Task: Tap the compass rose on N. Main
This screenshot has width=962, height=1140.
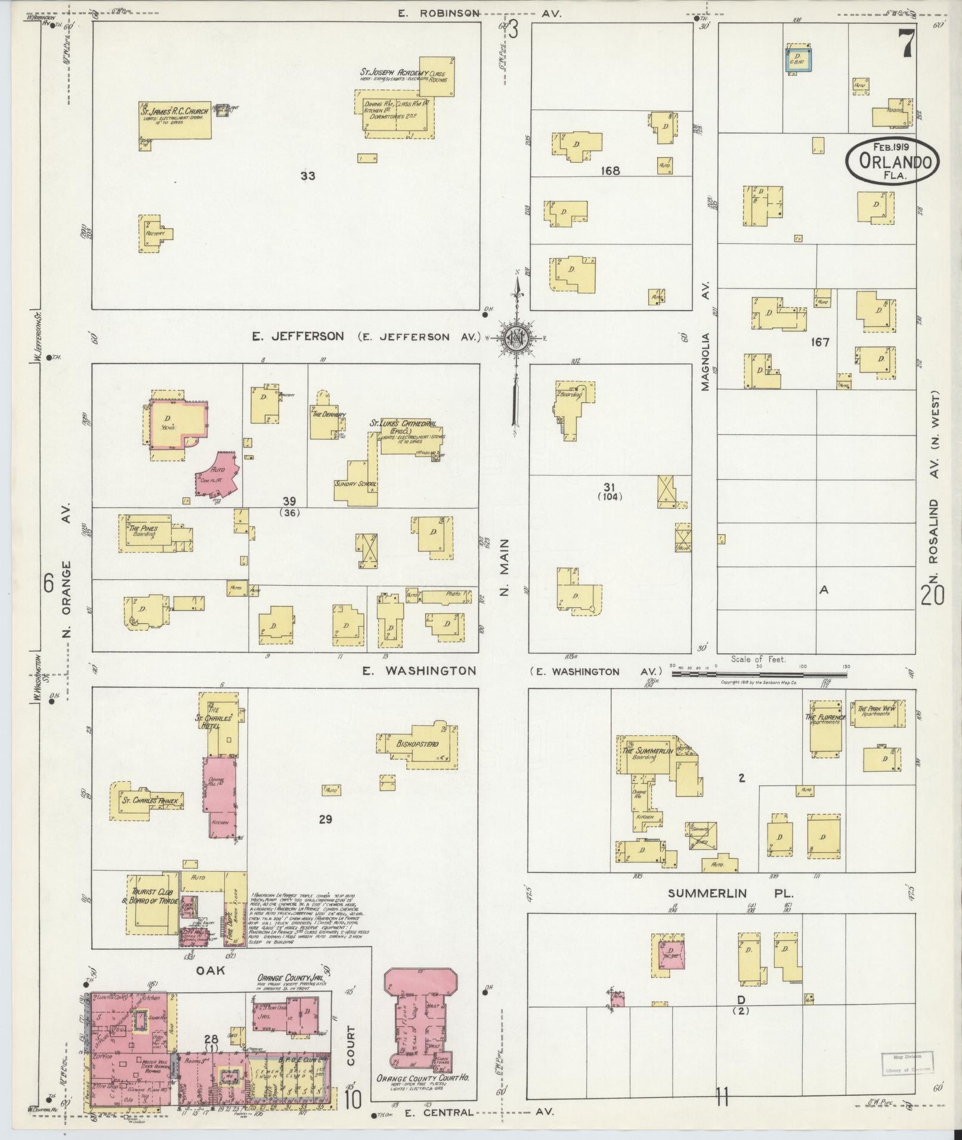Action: pyautogui.click(x=514, y=339)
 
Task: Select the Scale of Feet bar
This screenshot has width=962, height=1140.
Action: pyautogui.click(x=759, y=674)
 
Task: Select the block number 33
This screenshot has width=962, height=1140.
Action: pyautogui.click(x=308, y=176)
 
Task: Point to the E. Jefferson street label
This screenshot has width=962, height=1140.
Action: pyautogui.click(x=298, y=337)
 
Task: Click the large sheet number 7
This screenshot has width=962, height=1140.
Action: pyautogui.click(x=907, y=44)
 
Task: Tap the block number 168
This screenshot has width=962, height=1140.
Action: pyautogui.click(x=610, y=171)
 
